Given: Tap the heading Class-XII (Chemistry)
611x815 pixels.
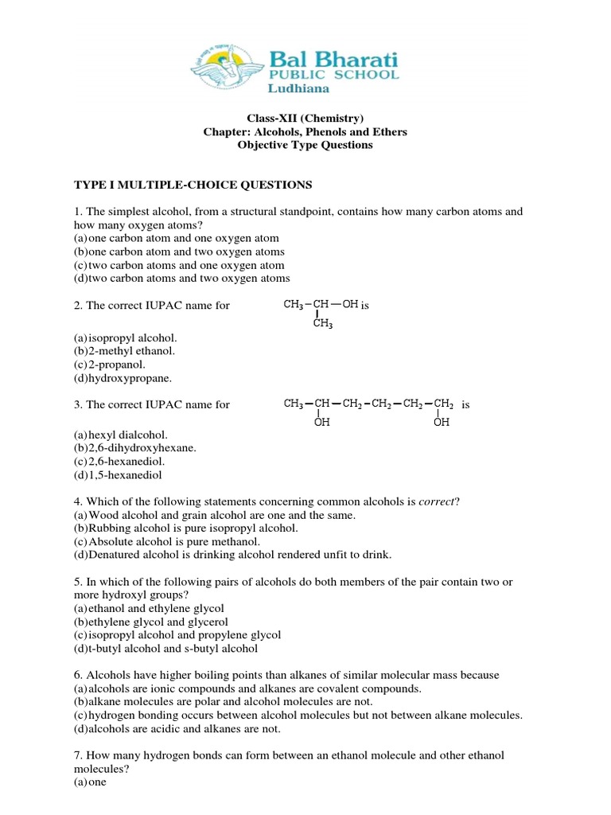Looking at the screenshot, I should (x=305, y=119).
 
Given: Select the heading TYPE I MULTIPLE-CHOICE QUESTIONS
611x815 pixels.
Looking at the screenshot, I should (x=193, y=185).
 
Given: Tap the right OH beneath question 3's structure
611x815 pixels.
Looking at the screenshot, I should (x=442, y=423).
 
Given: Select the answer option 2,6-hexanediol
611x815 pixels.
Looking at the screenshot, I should (x=132, y=462).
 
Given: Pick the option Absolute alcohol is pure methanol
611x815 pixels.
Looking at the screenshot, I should (x=173, y=541).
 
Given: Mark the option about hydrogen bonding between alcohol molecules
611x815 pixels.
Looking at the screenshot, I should (x=298, y=716).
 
